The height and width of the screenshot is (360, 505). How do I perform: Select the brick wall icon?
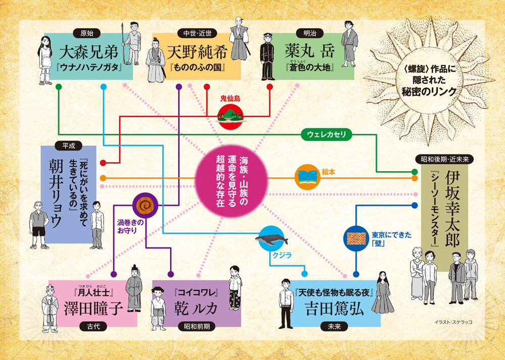click(x=357, y=237)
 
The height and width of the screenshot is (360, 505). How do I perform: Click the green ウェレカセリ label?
click(x=327, y=134)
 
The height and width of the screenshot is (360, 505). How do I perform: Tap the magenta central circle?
click(x=232, y=180)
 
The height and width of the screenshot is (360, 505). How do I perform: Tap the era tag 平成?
click(x=68, y=145)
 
